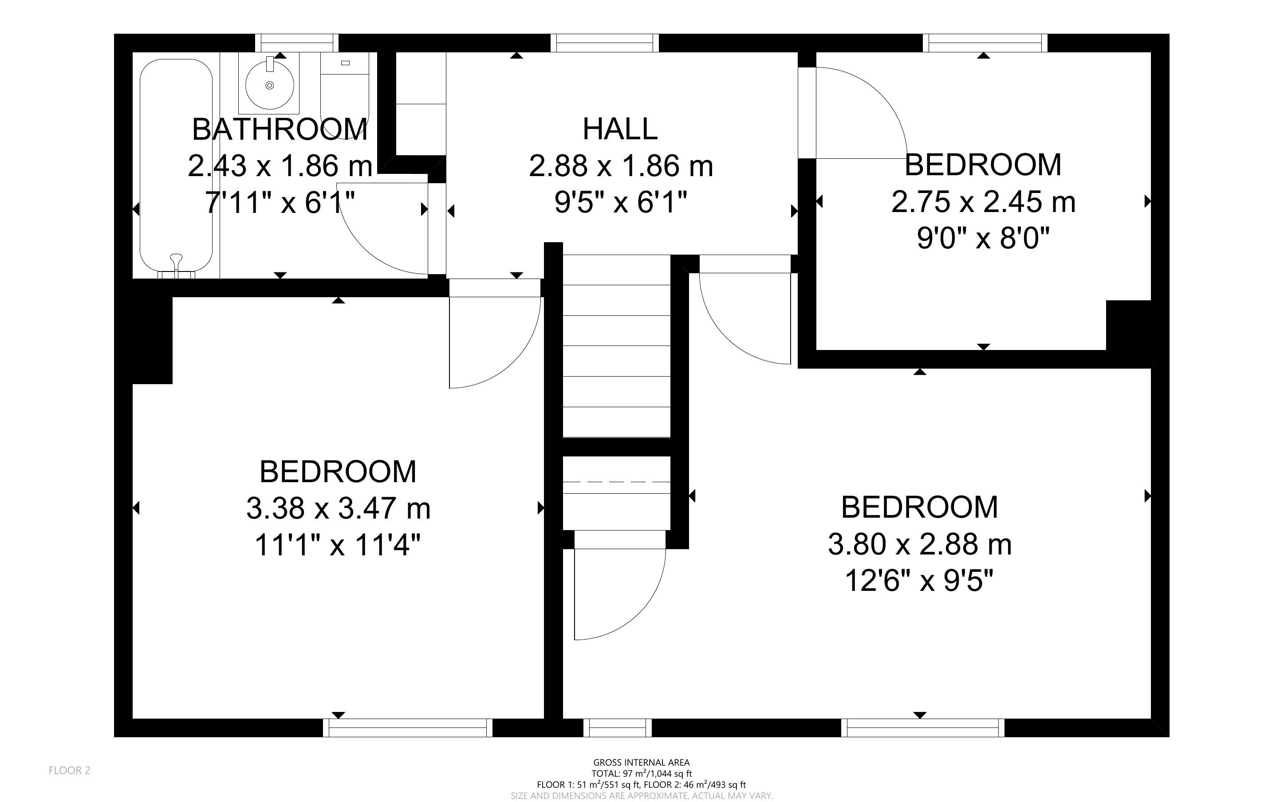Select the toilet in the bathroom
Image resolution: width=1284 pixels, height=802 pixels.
[x=345, y=95]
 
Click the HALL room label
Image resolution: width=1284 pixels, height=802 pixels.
[x=620, y=129]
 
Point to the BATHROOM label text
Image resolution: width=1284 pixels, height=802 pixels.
[x=280, y=130]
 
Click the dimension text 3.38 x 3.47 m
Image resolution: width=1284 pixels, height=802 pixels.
[x=339, y=508]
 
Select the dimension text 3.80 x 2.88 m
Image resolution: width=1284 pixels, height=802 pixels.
[x=920, y=544]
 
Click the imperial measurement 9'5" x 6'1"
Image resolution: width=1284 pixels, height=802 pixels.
[x=621, y=202]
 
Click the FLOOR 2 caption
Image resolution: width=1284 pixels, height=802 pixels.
[x=70, y=770]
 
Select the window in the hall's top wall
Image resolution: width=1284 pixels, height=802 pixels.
[x=605, y=43]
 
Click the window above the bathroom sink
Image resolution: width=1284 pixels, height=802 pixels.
[x=296, y=43]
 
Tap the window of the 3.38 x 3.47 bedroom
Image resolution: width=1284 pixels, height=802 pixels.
[x=408, y=728]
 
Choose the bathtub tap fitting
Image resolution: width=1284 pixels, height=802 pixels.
[x=177, y=263]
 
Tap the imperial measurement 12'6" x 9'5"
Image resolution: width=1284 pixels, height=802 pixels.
[x=919, y=581]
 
